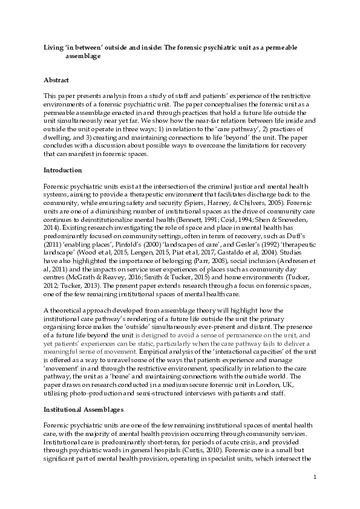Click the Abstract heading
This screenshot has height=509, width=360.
56,80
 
